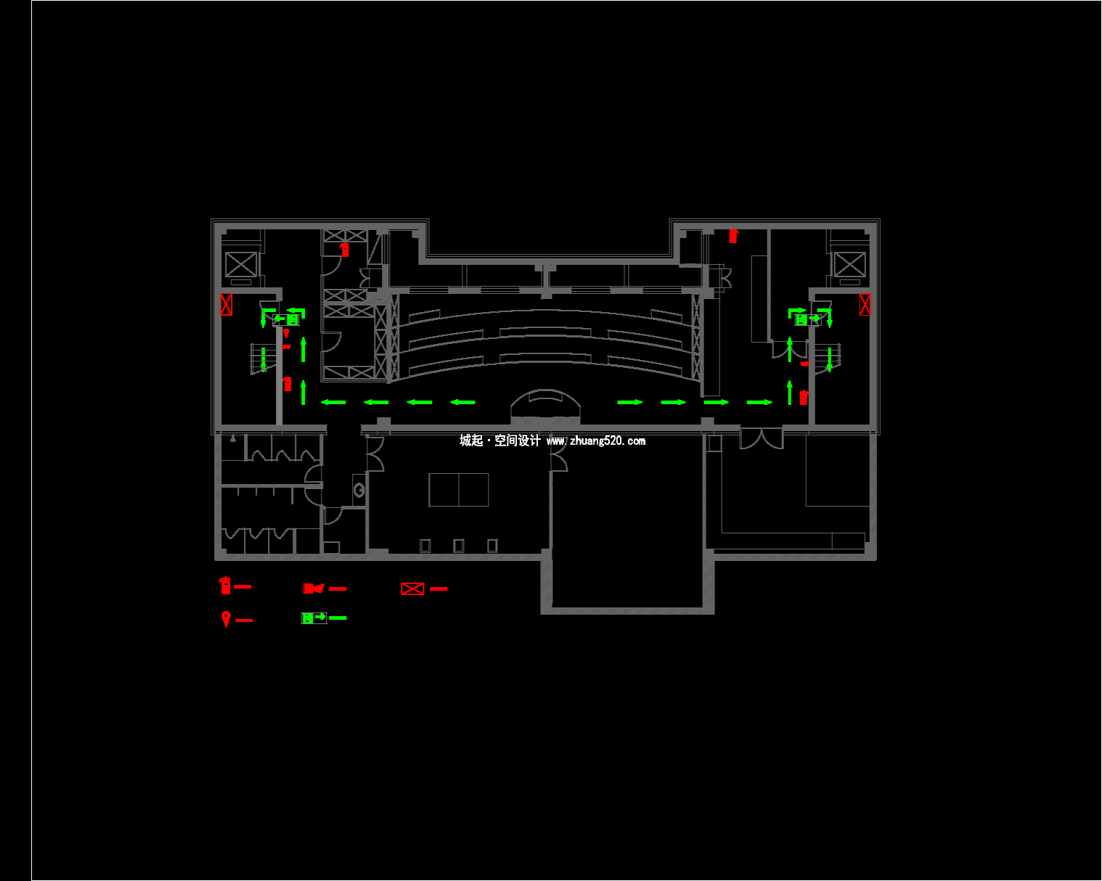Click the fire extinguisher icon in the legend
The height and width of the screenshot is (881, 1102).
226,585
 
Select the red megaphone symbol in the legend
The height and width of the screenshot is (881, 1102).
313,588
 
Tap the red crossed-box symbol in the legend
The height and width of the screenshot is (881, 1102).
412,589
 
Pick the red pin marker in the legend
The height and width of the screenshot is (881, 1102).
226,619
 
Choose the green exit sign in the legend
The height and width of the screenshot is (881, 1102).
314,618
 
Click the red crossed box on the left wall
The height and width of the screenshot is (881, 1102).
226,304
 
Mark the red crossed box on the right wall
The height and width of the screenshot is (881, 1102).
865,304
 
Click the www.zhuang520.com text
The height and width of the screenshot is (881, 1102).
595,440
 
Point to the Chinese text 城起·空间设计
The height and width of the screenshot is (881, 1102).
499,440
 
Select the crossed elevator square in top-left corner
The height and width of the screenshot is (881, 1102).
241,264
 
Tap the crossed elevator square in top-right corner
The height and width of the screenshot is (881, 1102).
849,264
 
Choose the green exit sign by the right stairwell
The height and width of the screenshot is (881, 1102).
806,319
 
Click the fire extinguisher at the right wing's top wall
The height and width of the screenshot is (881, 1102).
733,235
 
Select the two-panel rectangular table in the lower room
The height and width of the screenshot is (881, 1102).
459,489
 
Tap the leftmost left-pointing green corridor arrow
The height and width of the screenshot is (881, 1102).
333,402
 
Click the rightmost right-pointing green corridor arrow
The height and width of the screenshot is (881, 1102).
759,402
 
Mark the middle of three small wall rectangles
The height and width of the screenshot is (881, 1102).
458,545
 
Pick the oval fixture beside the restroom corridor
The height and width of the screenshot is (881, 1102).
359,491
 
